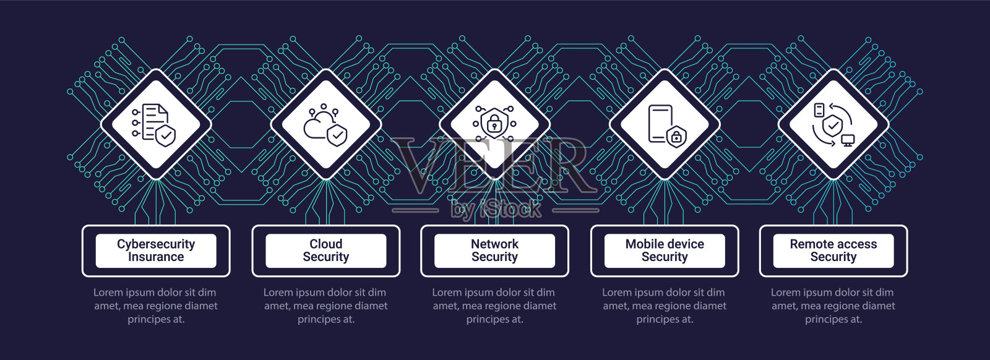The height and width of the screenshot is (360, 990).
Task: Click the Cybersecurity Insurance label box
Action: (x=156, y=251)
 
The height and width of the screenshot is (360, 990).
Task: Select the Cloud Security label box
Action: (x=326, y=251)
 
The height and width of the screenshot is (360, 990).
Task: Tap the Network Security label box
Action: (x=494, y=251)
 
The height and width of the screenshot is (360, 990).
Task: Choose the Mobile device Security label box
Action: (x=665, y=251)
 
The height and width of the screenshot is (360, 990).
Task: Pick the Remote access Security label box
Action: (x=833, y=251)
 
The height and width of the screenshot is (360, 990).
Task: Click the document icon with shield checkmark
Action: (x=155, y=124)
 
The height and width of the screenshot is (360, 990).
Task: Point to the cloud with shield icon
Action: (x=325, y=127)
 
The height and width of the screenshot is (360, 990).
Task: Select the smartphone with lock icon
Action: (x=665, y=124)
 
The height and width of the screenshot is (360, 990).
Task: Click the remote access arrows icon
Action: (x=833, y=124)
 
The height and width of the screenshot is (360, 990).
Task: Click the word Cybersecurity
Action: (x=156, y=244)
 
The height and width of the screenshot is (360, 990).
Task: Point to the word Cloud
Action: (x=326, y=244)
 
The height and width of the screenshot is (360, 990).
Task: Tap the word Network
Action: (x=494, y=244)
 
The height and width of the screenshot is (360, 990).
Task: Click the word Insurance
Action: (x=156, y=257)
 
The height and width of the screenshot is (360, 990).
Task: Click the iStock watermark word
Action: (x=510, y=210)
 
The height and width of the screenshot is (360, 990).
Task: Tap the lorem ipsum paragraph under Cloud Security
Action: (x=325, y=306)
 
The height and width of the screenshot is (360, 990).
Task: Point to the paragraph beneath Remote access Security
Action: (x=833, y=306)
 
